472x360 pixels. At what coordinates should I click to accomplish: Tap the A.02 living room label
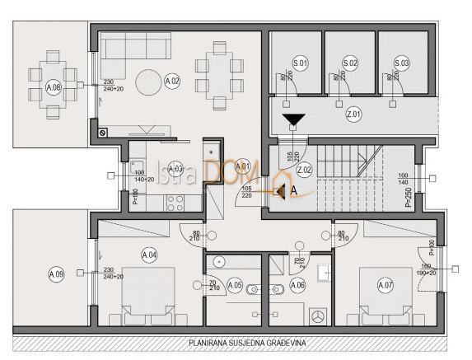172,82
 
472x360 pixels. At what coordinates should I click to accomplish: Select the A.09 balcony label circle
56,273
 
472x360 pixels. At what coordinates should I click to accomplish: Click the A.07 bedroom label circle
385,285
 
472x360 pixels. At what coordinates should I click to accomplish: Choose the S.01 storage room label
300,63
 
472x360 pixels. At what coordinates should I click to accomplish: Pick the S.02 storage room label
350,63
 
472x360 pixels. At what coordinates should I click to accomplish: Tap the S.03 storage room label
401,63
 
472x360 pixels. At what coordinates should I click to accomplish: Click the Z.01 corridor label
353,115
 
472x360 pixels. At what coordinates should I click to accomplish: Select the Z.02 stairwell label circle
304,171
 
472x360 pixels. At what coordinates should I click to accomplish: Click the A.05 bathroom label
234,285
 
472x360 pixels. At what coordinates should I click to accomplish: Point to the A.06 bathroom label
297,285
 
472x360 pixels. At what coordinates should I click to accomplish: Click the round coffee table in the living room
149,82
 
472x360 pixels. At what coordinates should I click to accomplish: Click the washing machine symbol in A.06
320,316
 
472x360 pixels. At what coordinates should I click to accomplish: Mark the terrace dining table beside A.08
54,72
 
